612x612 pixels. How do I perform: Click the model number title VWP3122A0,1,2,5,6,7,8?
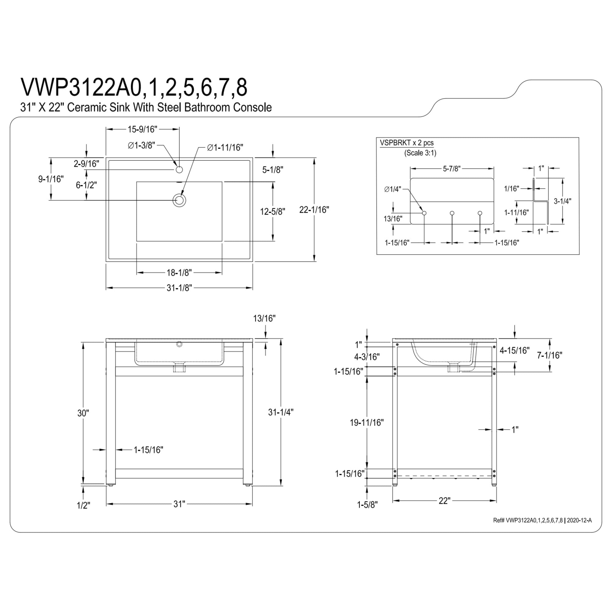coord(134,87)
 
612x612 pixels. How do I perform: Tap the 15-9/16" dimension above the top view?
coord(142,129)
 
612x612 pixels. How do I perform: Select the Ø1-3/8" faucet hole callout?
coord(142,145)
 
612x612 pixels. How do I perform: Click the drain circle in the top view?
coord(179,200)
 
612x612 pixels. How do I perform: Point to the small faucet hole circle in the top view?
coord(179,170)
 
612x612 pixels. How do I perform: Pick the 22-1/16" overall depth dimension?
coord(314,209)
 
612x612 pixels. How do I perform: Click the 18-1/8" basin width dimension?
coord(179,272)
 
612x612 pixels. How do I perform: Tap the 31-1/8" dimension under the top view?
coord(179,288)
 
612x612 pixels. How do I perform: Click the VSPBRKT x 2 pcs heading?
coord(407,143)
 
